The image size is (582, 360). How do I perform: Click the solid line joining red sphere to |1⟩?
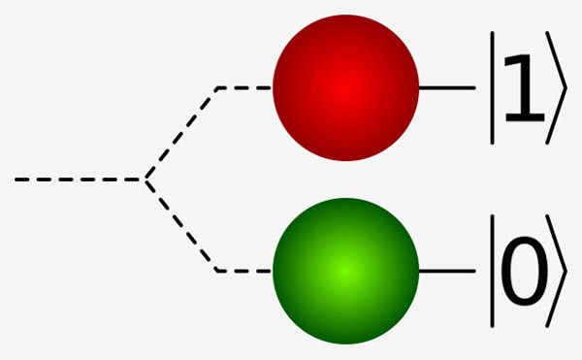446,87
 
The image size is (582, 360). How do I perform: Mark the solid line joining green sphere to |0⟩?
446,271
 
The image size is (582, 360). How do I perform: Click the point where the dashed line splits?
145,180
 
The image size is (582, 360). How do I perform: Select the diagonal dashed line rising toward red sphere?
182,133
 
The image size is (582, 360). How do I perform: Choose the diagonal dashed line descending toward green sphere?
182,226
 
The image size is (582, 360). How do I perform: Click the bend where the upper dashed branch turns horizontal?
218,87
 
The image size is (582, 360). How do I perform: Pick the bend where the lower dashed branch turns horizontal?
218,271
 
